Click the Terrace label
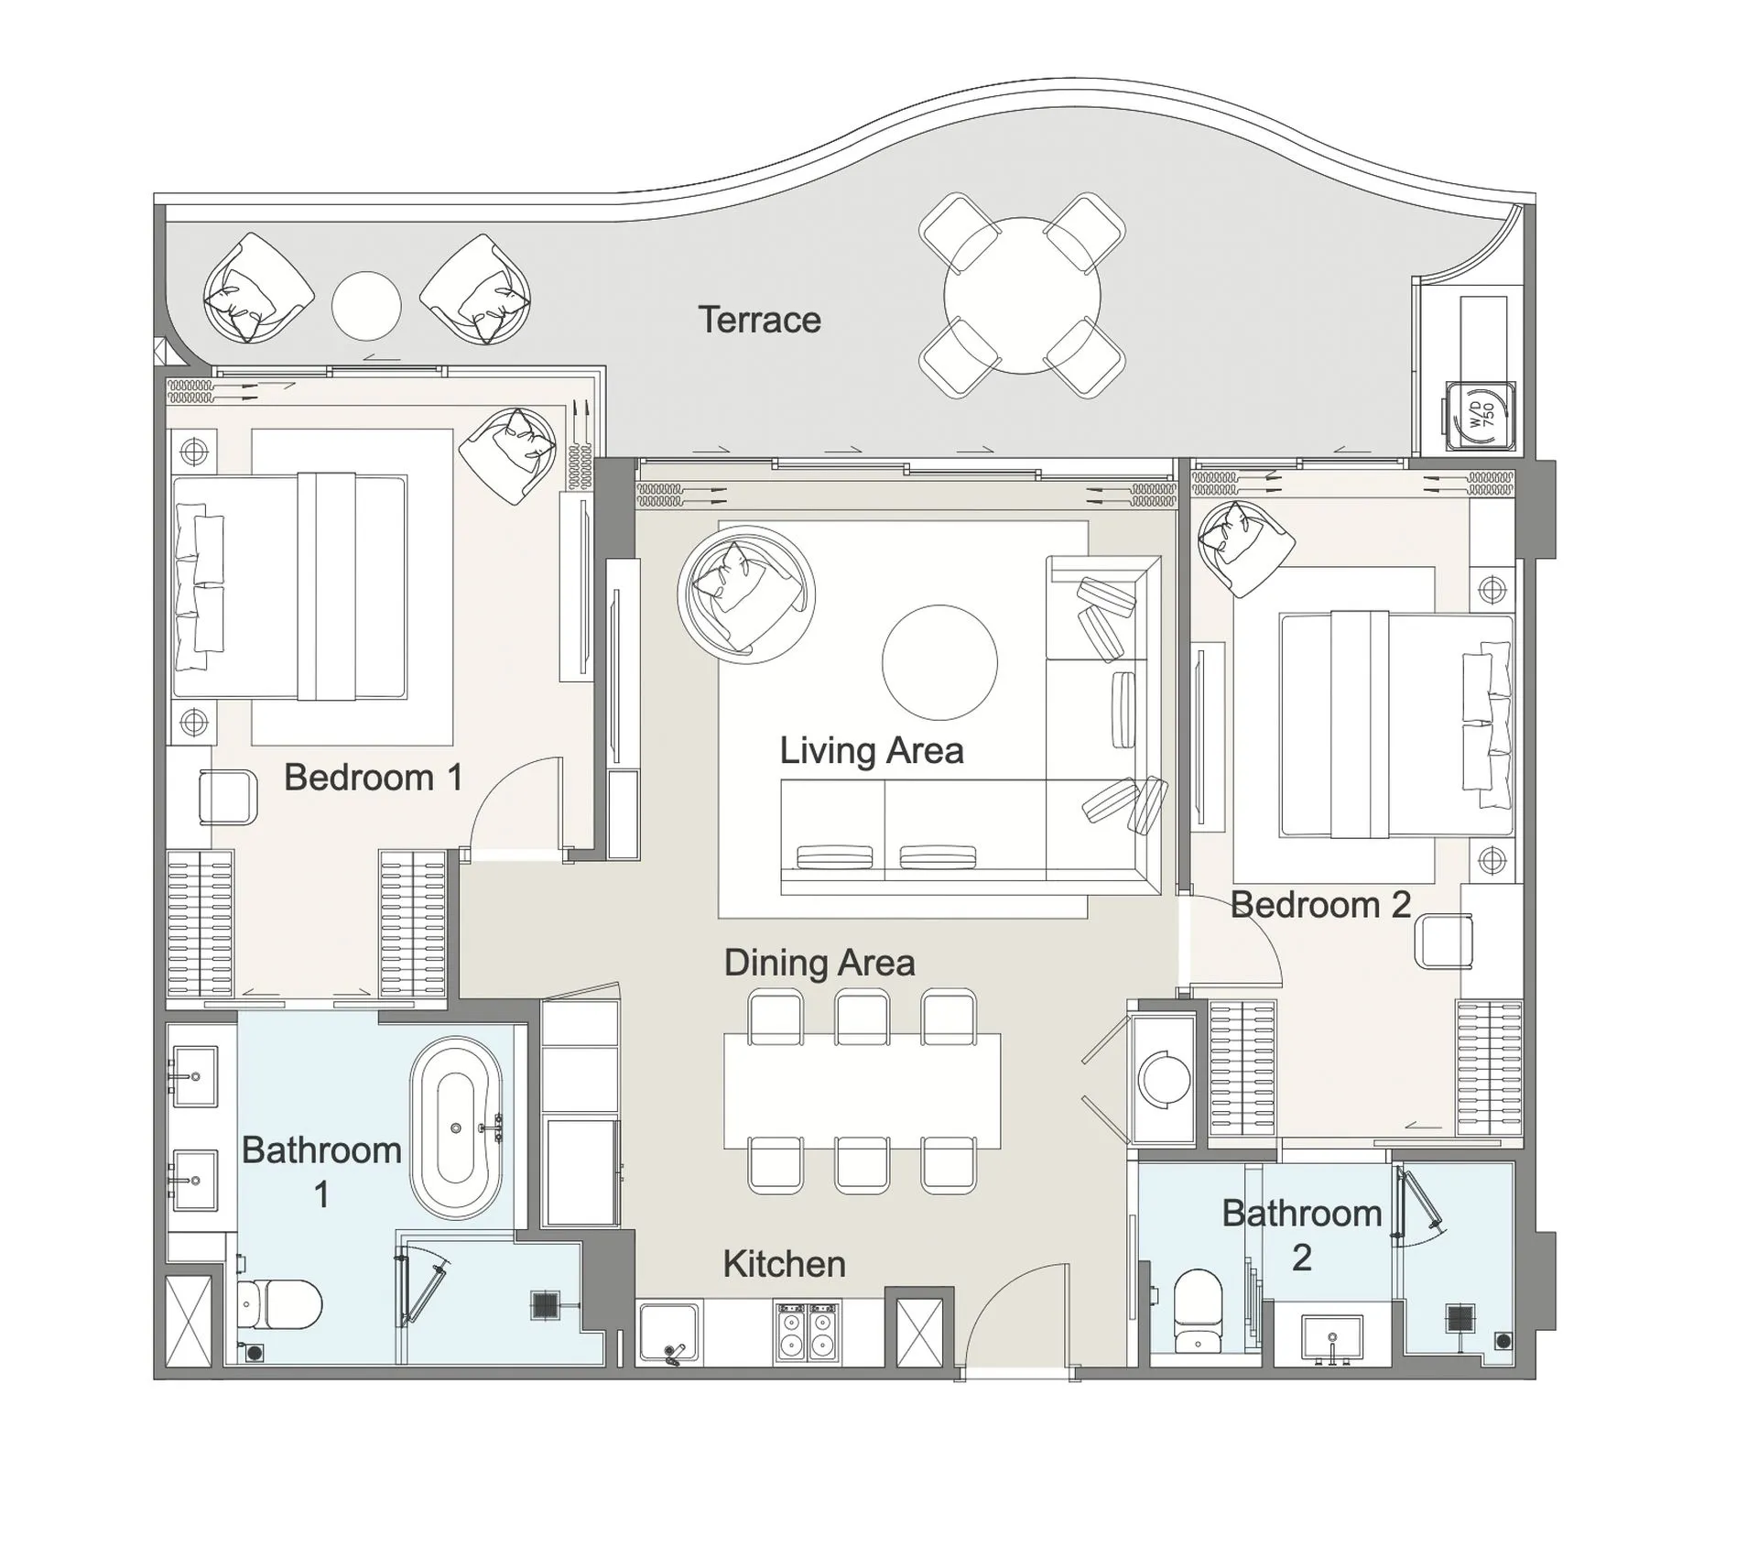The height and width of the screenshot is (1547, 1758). [x=759, y=320]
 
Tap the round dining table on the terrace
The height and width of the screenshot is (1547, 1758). [x=1022, y=295]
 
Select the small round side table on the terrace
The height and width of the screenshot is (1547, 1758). [x=366, y=306]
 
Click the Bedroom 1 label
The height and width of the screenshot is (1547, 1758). [x=373, y=778]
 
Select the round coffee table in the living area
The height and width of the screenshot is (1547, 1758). [x=939, y=662]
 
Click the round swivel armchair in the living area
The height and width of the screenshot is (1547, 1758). [x=744, y=594]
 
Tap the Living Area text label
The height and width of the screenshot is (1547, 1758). [x=871, y=751]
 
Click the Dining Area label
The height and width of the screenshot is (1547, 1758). [x=819, y=963]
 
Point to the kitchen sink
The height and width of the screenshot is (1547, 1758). [x=669, y=1333]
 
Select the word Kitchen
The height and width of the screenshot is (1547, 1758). [x=784, y=1264]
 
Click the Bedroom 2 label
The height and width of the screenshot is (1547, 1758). [x=1319, y=905]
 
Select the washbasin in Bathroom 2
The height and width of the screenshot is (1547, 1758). [x=1331, y=1338]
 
